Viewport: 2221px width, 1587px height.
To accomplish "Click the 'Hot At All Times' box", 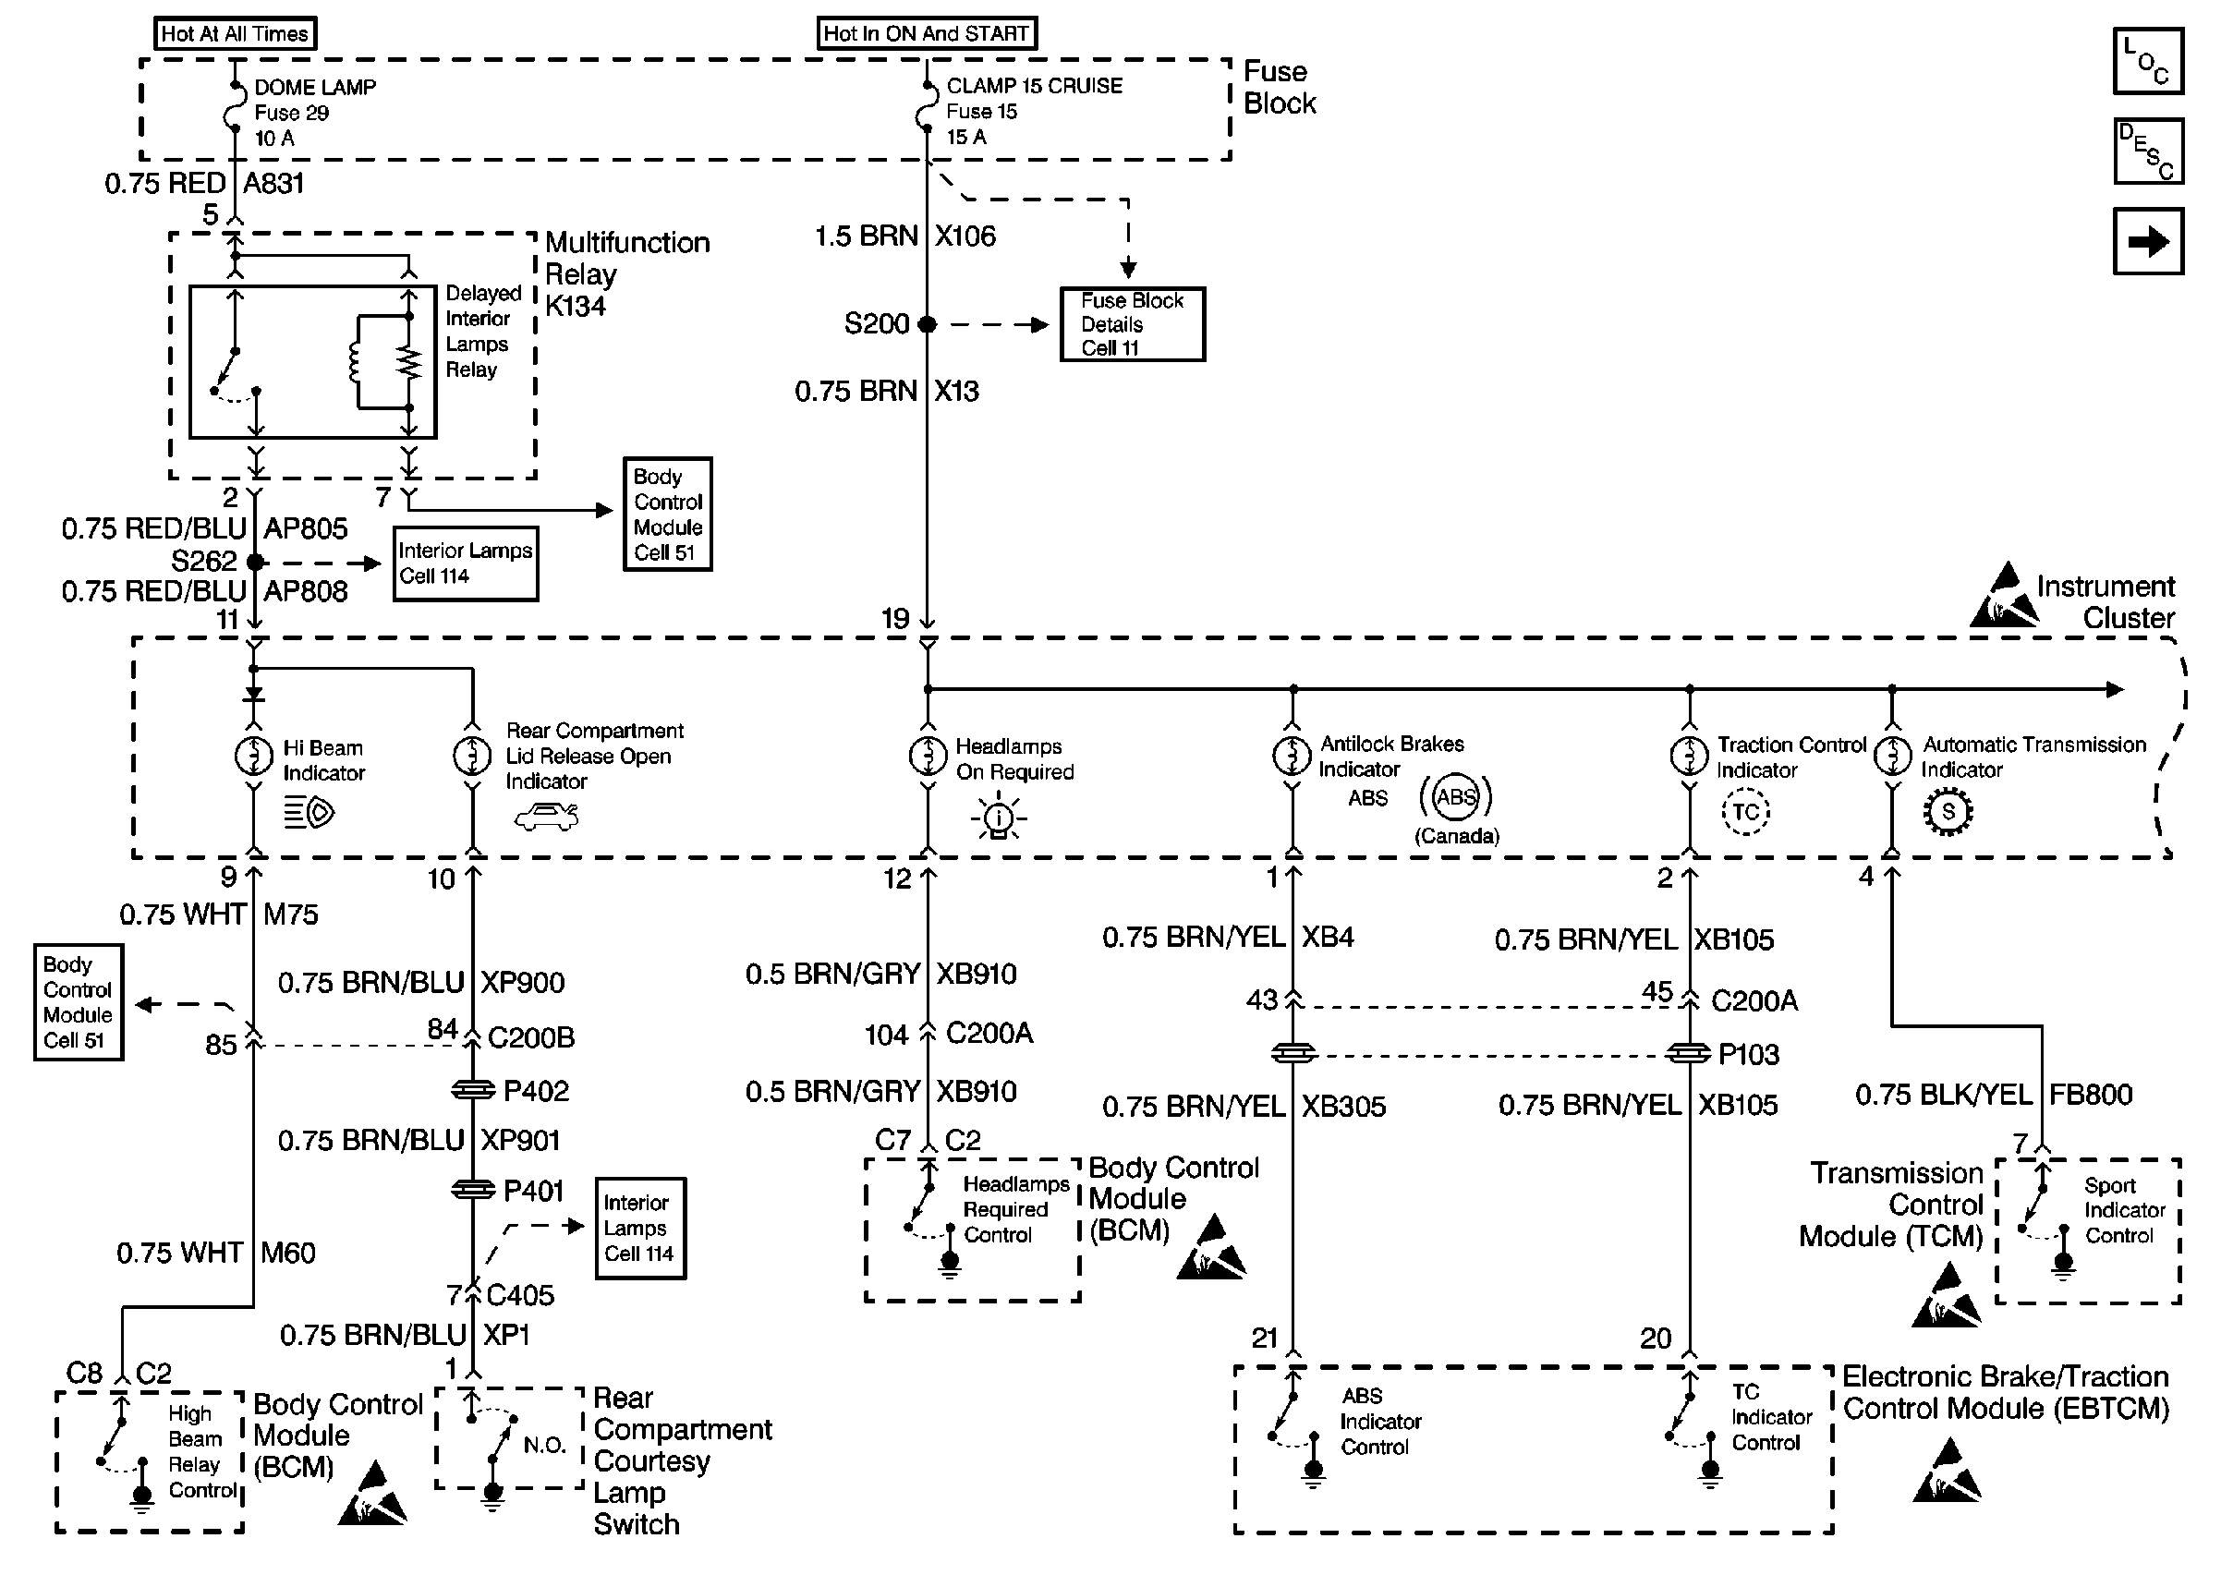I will click(x=235, y=34).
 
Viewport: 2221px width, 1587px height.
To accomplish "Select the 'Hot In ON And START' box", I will click(x=927, y=33).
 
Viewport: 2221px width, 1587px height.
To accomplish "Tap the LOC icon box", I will click(x=2148, y=62).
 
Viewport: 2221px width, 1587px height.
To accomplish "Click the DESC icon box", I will click(x=2148, y=151).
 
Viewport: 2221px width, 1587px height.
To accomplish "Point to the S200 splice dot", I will click(x=928, y=324).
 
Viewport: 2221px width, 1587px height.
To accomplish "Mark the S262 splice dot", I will click(x=255, y=562).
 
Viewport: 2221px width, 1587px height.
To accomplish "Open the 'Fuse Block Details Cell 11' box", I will click(x=1132, y=324).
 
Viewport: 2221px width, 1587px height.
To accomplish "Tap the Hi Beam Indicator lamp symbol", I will click(x=254, y=757).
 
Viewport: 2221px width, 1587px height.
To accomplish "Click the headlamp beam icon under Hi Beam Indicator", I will click(x=309, y=812).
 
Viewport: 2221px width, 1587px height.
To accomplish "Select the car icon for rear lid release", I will click(x=546, y=816).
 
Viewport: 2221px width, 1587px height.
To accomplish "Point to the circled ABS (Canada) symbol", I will click(x=1455, y=797).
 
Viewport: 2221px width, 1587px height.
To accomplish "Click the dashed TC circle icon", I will click(x=1745, y=812).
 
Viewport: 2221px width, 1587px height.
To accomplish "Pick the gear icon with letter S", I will click(x=1948, y=812).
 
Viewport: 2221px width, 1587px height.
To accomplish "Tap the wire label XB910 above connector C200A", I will click(x=977, y=975).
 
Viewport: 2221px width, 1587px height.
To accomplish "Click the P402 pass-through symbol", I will click(x=473, y=1090).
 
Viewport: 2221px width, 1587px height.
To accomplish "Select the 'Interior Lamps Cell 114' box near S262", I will click(x=465, y=563).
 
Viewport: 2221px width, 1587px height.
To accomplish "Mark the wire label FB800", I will click(x=2090, y=1095).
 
